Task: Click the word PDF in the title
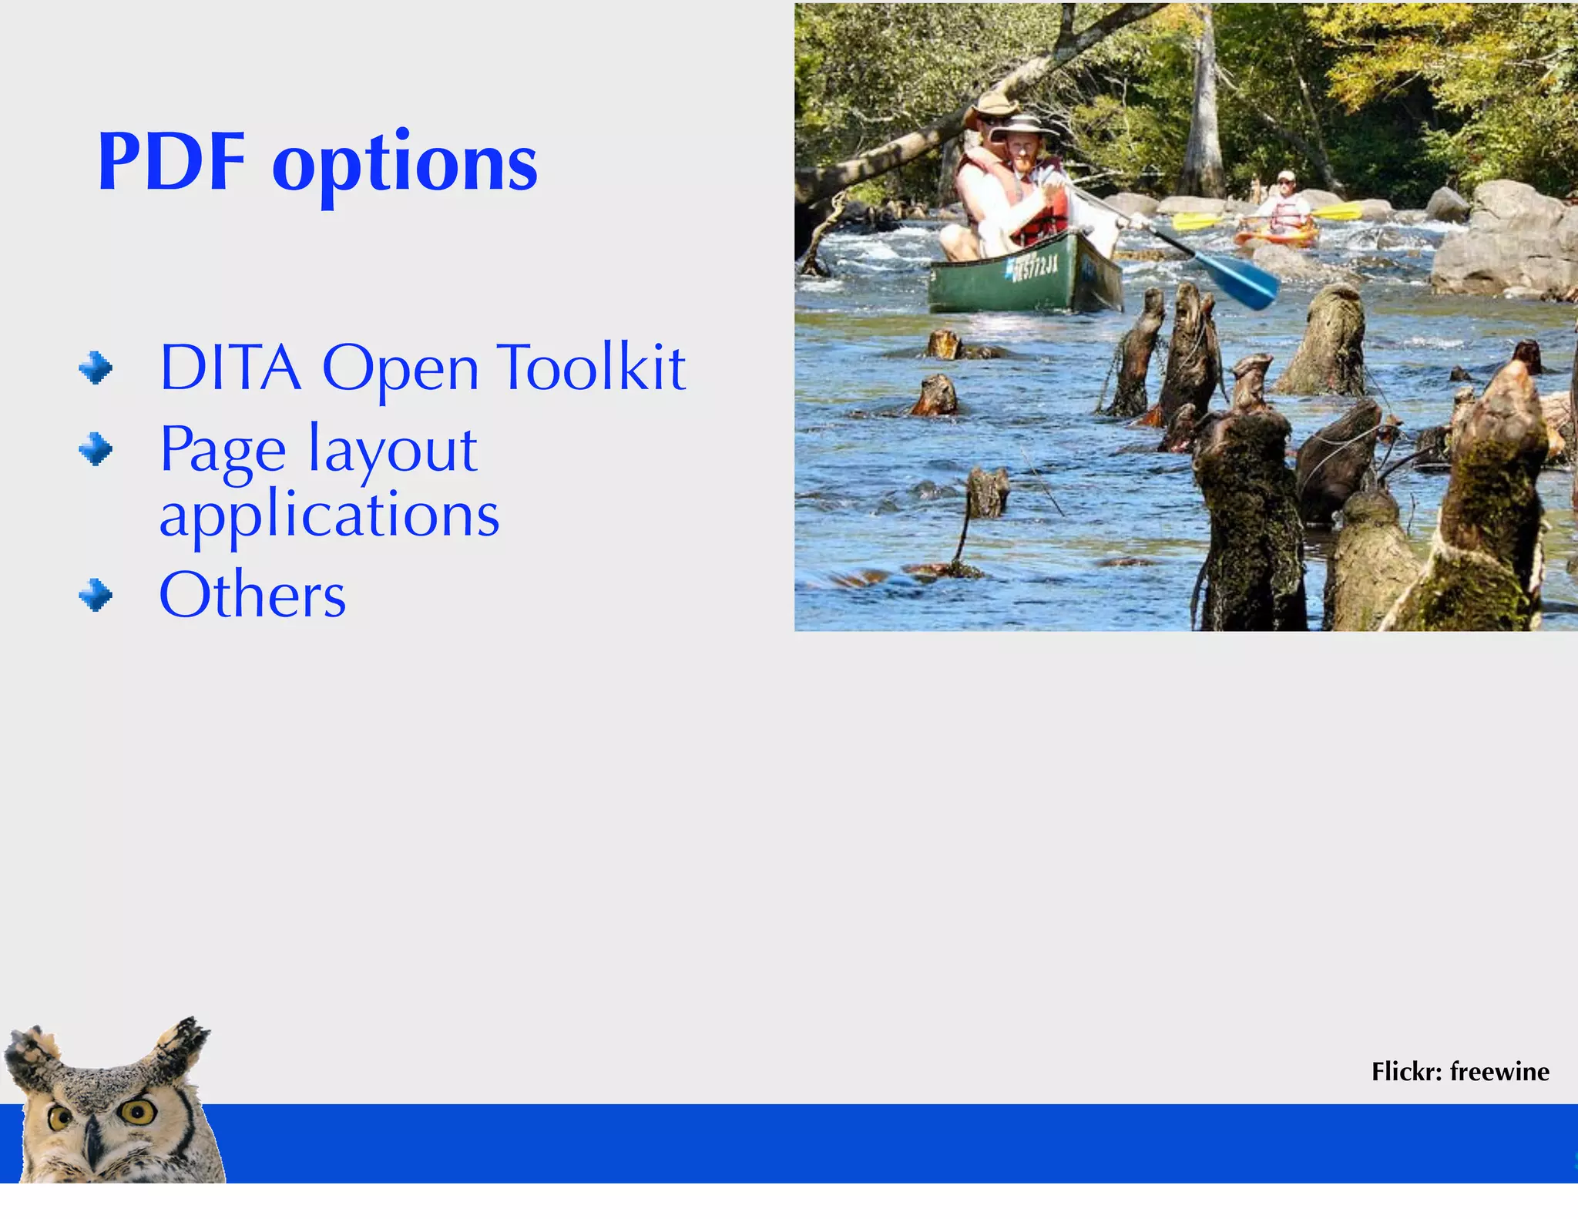171,163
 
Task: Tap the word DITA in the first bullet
230,368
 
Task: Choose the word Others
252,595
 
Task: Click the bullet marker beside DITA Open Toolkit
96,368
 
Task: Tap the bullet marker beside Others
96,595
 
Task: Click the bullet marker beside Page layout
96,448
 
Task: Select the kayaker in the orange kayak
1284,209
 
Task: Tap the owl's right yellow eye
138,1111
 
